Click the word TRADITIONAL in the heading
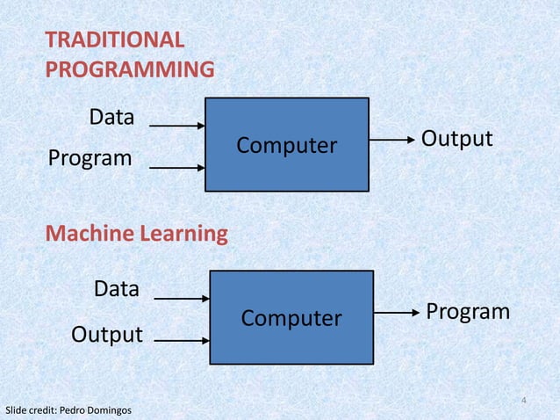115,40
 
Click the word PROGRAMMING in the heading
130,69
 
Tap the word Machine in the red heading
84,235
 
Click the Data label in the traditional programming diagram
112,117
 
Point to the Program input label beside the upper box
90,159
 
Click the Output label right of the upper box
456,140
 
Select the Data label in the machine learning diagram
117,289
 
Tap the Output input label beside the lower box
107,335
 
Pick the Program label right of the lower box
467,312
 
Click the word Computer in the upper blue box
286,145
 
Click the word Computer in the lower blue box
291,317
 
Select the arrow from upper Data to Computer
177,127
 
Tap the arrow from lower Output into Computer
182,338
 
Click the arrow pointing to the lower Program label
396,313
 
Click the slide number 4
523,402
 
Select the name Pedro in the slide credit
83,410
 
